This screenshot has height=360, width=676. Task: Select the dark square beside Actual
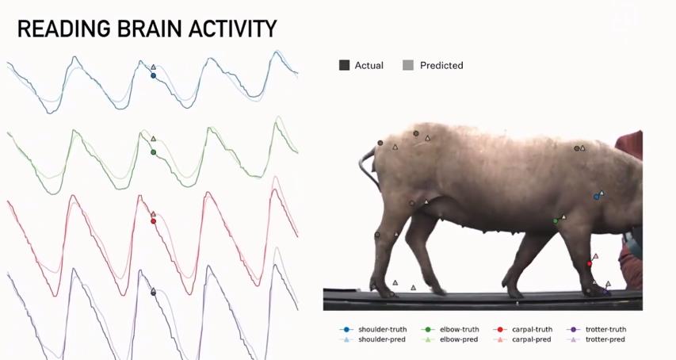coord(344,66)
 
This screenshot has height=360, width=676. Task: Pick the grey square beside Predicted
coord(408,66)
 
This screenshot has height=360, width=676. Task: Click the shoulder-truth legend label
coord(383,329)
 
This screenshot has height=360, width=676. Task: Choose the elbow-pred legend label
coord(459,339)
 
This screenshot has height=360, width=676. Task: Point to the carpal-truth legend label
coord(532,329)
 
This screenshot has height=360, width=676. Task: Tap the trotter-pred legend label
coord(605,339)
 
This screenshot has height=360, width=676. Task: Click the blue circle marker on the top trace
coord(153,76)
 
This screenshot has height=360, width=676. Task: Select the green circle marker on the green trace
coord(153,152)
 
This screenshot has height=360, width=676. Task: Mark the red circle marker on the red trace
coord(153,221)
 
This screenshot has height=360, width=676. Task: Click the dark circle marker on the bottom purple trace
coord(153,292)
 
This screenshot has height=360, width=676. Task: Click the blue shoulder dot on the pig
coord(596,197)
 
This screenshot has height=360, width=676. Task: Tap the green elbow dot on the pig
coord(556,221)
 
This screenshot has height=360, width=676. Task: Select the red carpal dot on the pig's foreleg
coord(590,263)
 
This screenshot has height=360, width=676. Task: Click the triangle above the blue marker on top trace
coord(153,67)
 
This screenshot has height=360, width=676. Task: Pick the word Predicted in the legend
coord(441,66)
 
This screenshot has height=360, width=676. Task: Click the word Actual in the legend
coord(369,66)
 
